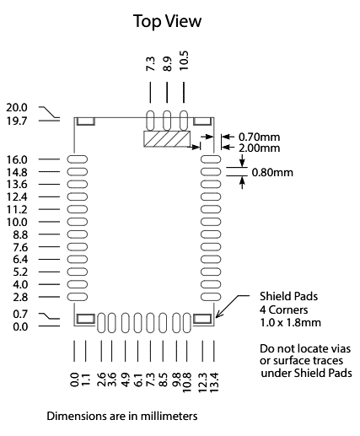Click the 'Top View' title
point(167,21)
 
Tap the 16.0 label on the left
point(17,159)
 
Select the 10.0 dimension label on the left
point(17,222)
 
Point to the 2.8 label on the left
point(20,297)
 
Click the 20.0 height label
point(17,108)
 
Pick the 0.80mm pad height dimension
point(272,172)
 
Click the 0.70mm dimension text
point(259,137)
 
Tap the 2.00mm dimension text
point(259,148)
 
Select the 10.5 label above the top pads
point(184,61)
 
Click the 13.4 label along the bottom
point(214,382)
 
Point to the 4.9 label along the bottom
point(125,380)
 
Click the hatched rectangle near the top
point(167,139)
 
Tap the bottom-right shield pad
point(202,319)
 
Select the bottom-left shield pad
point(86,319)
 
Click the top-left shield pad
point(86,121)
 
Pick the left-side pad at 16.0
point(78,159)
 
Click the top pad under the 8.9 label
point(167,121)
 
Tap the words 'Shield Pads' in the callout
point(288,296)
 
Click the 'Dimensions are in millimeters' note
point(122,416)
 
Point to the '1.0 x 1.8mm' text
point(290,322)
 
